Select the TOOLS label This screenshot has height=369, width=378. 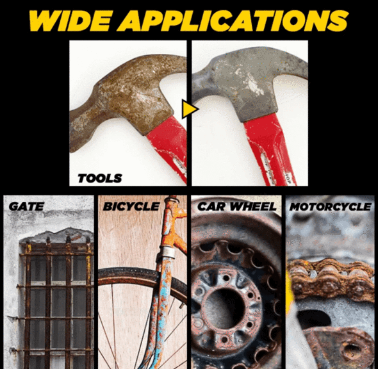(99, 179)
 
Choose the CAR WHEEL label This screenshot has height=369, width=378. (236, 207)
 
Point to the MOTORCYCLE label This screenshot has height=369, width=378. (329, 207)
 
